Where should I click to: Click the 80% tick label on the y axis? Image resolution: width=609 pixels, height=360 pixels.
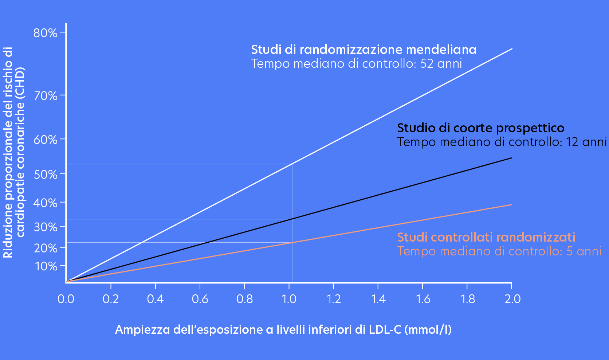point(45,33)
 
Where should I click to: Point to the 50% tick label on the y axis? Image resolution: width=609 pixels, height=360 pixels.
point(45,175)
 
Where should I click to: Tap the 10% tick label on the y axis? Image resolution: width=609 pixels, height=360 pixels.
point(46,266)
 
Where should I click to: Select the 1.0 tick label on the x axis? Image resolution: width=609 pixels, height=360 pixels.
point(289,299)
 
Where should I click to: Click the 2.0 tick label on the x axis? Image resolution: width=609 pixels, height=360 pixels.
point(512,299)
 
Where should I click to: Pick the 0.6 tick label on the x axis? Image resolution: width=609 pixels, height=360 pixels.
point(200,299)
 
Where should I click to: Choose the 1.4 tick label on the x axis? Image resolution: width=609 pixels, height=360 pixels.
point(378,299)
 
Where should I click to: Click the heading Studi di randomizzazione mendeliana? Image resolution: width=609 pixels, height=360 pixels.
point(364,50)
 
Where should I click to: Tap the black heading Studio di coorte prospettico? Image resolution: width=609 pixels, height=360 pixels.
point(480,128)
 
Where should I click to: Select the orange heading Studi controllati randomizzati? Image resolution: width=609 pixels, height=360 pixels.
point(486,237)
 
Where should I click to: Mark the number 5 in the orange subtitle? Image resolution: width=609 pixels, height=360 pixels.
point(569,251)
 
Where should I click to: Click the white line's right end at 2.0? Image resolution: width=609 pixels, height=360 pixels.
point(512,48)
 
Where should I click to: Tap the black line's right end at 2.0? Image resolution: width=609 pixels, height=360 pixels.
point(511,158)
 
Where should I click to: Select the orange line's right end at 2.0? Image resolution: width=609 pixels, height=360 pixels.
point(511,205)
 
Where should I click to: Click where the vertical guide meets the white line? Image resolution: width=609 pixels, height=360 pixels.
point(292,164)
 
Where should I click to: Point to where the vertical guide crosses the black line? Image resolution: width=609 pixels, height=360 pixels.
point(292,219)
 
